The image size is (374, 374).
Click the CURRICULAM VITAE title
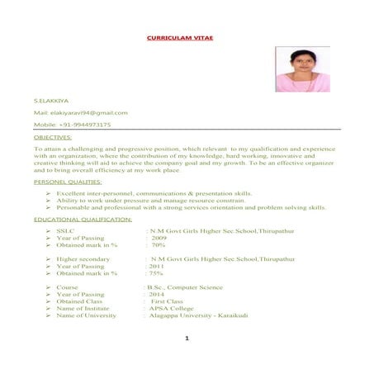click(x=186, y=39)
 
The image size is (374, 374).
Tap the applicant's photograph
click(x=302, y=69)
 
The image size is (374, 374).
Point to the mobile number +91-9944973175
click(x=84, y=125)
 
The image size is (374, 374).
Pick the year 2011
click(x=156, y=266)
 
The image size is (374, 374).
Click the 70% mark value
click(x=159, y=245)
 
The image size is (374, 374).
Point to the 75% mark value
click(x=156, y=273)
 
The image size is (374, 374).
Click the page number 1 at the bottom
click(x=187, y=338)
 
